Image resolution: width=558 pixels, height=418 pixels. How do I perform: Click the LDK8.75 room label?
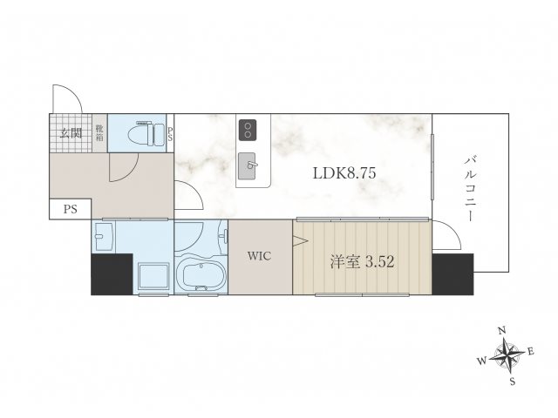tap(344, 173)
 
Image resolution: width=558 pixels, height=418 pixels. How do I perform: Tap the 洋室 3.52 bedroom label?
tap(362, 262)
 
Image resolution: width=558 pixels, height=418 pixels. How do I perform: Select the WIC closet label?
tap(260, 256)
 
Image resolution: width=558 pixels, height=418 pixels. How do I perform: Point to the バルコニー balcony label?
tap(470, 189)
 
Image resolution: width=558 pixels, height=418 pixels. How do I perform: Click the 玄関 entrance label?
tap(71, 133)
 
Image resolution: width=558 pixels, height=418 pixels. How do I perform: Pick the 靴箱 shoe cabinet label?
tap(99, 133)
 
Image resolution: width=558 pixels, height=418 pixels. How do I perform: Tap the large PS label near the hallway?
tap(71, 209)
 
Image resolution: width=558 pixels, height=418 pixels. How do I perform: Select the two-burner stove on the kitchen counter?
tap(248, 130)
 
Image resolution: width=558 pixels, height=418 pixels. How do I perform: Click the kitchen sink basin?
tap(247, 166)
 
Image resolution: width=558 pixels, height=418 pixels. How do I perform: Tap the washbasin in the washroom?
tap(104, 236)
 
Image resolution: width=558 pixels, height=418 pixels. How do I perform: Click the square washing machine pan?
tap(153, 276)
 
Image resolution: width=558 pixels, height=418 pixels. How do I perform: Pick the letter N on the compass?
tap(502, 331)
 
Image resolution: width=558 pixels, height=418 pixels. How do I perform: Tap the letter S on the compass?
tap(513, 381)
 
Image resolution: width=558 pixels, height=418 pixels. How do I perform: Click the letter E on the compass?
tap(531, 352)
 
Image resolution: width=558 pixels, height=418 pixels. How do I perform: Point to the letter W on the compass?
tap(482, 361)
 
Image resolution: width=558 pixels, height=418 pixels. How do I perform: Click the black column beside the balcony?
tap(453, 274)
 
